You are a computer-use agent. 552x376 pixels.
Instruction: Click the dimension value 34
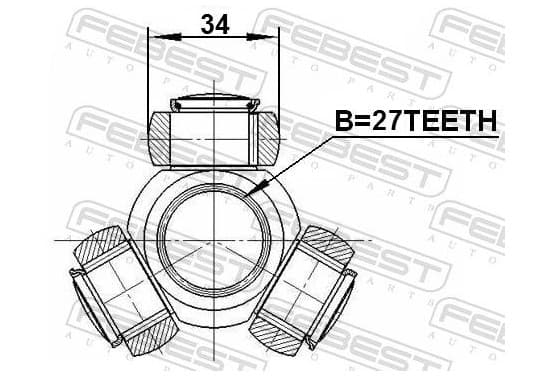coord(215,24)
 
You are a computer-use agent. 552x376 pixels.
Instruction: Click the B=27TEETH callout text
coord(416,120)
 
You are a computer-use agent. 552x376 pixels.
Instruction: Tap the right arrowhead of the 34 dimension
coord(260,37)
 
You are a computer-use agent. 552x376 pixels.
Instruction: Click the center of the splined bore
coord(214,242)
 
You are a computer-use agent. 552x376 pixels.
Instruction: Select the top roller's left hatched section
coord(160,138)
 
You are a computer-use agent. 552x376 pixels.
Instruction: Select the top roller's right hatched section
coord(269,138)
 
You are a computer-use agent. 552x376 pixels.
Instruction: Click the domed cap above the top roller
coord(215,102)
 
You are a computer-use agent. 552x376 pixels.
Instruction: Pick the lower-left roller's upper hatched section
coord(99,244)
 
